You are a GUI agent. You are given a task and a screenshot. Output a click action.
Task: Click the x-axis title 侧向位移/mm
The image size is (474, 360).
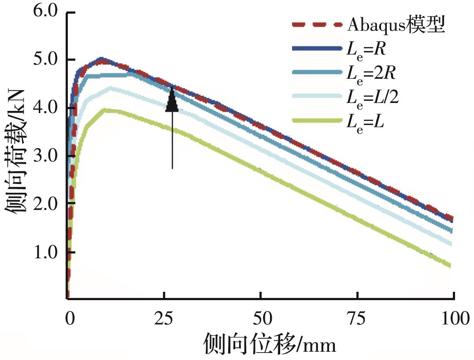click(270, 344)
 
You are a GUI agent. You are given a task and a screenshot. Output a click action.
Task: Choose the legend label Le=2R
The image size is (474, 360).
click(370, 73)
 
